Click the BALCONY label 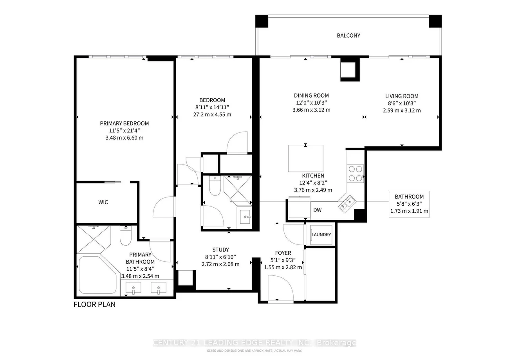pos(348,36)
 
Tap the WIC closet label pos(103,203)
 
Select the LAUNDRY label pos(321,235)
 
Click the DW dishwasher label pos(317,210)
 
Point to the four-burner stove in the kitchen pos(355,173)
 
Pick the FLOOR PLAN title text pos(94,304)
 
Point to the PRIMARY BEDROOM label pos(124,123)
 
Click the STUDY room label pos(220,250)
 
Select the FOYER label pos(283,253)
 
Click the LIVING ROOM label pos(402,96)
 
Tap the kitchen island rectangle pos(305,158)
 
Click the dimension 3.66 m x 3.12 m pos(311,110)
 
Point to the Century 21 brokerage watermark pos(254,343)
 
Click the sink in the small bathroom pos(245,216)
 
